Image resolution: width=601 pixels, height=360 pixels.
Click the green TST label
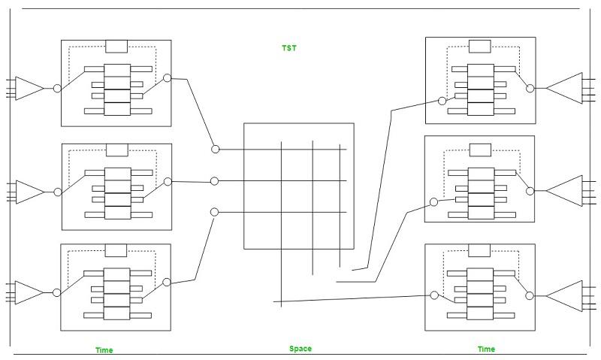(289, 48)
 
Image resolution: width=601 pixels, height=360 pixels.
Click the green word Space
(300, 349)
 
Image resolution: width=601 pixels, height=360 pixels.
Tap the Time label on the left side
(104, 350)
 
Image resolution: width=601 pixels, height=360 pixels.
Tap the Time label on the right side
(486, 349)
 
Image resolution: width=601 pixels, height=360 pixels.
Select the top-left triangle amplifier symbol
(29, 88)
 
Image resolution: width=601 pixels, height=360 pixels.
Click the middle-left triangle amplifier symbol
(29, 192)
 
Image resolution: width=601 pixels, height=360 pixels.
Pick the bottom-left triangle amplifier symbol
(29, 292)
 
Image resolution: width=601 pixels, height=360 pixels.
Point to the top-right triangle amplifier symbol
(565, 88)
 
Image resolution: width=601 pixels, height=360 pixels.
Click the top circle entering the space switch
(216, 150)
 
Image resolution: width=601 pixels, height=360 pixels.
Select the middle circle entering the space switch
(215, 181)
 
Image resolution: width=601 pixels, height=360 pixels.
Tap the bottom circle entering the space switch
(215, 213)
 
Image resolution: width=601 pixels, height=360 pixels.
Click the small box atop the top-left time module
(116, 47)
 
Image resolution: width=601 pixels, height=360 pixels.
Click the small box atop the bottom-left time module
(116, 251)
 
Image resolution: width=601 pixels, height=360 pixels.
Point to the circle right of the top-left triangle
(57, 89)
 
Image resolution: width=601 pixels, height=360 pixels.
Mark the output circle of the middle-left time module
(168, 181)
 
